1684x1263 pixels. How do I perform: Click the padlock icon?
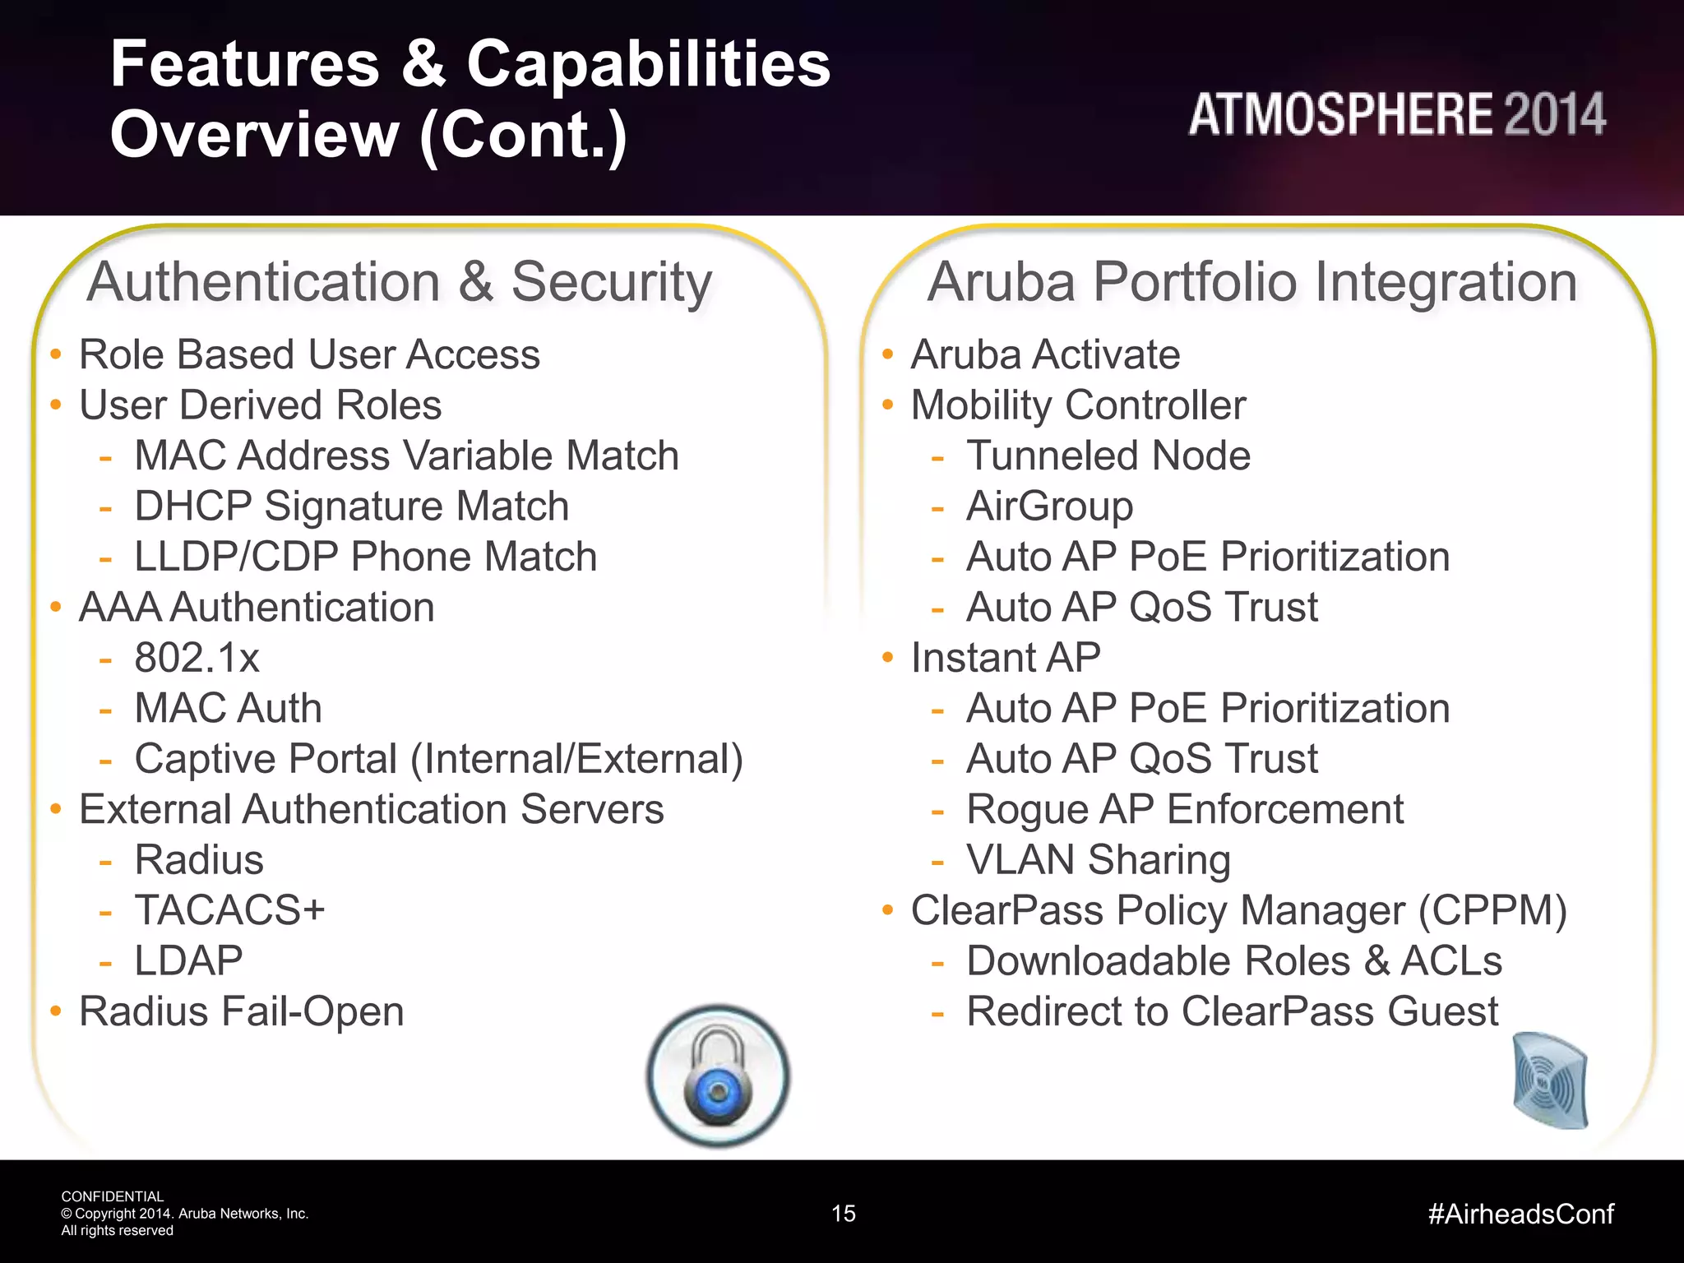718,1076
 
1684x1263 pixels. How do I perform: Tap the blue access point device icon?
1550,1080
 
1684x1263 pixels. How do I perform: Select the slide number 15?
843,1214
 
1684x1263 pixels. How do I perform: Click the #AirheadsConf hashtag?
1520,1214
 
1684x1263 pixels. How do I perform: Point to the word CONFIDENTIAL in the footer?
113,1196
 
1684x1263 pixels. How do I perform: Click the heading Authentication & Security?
400,282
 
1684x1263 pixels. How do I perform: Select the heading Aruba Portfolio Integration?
1251,282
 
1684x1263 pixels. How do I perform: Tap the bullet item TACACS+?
229,910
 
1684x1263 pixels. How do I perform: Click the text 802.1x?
197,658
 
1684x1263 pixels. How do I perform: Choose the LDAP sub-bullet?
188,960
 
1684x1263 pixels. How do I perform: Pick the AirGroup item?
1049,506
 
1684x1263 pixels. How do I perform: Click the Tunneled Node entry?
1108,456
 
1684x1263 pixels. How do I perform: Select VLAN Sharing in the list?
1098,860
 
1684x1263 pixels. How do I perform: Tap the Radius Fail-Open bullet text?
241,1011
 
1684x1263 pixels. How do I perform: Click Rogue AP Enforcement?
1184,809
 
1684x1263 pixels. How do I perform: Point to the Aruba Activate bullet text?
1044,354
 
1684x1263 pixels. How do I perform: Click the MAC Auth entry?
228,708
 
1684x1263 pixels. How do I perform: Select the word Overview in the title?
254,134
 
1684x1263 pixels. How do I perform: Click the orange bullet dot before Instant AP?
887,657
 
